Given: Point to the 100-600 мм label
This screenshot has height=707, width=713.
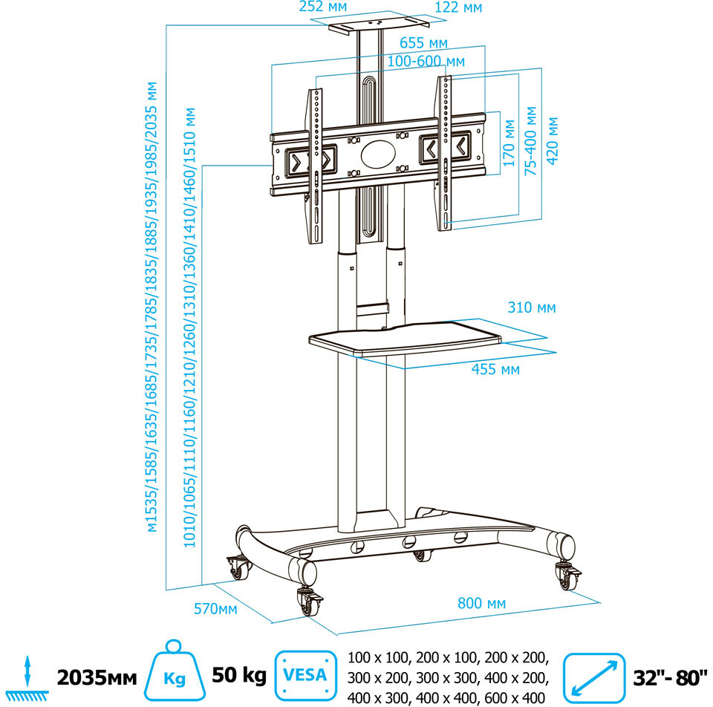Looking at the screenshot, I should tap(426, 61).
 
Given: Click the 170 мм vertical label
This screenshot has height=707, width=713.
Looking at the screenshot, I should tap(509, 148).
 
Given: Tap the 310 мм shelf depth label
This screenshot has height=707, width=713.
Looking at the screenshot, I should tap(531, 307).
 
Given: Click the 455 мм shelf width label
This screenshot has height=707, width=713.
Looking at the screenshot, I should tap(495, 369).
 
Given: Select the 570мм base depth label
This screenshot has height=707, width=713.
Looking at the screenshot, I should tap(215, 609).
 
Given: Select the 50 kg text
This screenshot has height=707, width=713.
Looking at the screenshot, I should tap(239, 676).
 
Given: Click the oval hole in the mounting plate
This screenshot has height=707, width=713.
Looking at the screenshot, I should tap(379, 154).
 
